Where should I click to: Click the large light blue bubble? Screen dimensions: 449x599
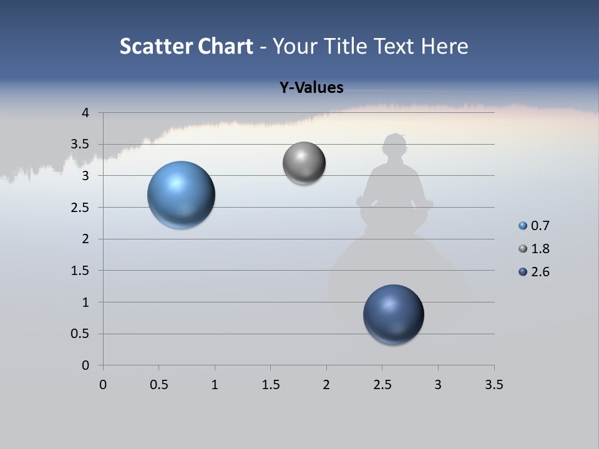(x=182, y=195)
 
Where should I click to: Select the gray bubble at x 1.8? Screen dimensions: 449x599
(x=304, y=163)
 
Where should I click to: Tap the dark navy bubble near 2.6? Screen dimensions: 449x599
(x=394, y=314)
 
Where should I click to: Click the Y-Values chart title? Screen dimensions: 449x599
(x=311, y=88)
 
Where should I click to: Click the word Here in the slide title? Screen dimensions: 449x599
(x=444, y=46)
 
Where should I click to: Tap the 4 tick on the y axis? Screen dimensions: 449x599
(x=85, y=113)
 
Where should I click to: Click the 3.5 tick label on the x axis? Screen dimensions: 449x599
(x=494, y=385)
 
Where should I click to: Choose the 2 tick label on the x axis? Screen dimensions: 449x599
(x=326, y=385)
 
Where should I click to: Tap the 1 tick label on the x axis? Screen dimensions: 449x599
(x=215, y=385)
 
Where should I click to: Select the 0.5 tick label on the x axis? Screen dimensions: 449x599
(x=158, y=385)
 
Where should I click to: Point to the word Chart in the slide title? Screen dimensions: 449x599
(x=225, y=46)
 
